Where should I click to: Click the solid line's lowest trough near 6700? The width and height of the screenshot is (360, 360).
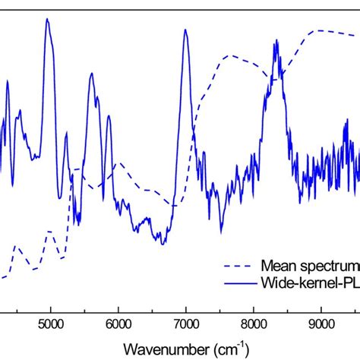tap(163, 243)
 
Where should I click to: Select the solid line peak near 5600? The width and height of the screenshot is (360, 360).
tap(92, 74)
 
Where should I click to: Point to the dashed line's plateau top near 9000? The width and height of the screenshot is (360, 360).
tap(319, 30)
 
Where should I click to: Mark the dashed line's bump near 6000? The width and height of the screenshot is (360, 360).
tap(117, 163)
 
